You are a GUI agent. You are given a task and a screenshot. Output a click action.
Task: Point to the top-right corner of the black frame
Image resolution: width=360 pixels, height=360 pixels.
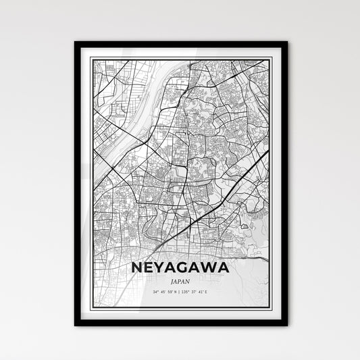coord(286,43)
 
